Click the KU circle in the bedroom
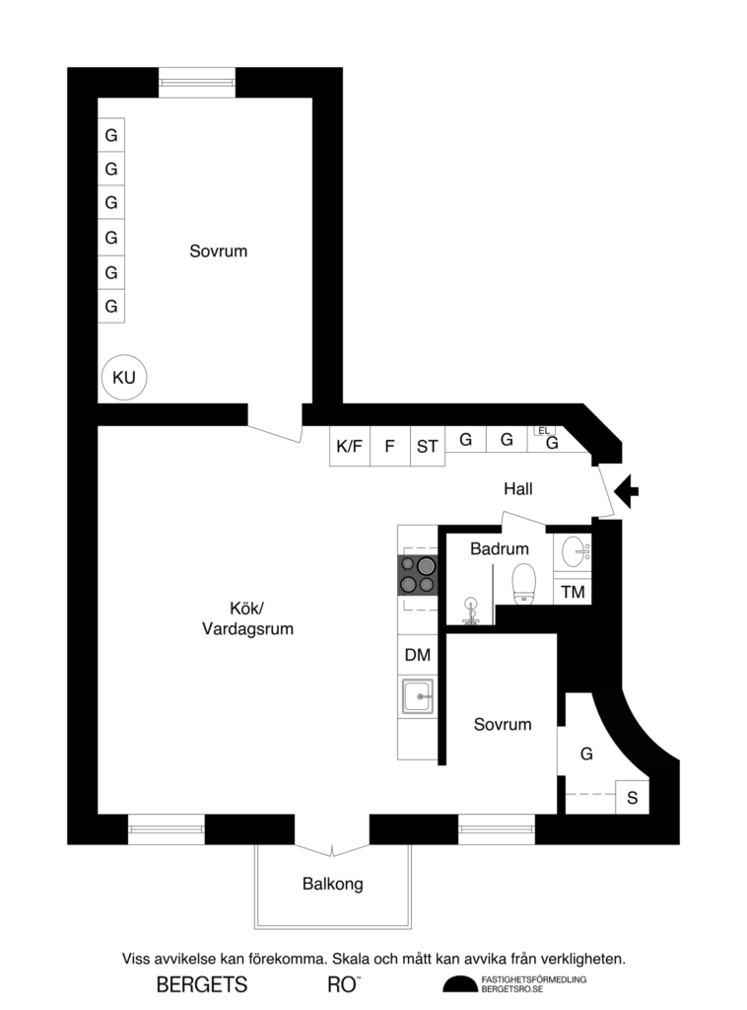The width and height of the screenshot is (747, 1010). (x=123, y=377)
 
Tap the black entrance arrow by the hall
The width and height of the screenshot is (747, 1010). (x=626, y=489)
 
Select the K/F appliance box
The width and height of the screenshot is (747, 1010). (x=349, y=446)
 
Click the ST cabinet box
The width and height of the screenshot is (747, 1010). (x=427, y=446)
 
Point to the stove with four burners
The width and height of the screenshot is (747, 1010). (x=418, y=574)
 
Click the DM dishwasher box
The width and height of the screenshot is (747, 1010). (x=417, y=654)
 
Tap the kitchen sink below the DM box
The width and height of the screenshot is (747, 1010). (x=418, y=696)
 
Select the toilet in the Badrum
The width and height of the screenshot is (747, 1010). (x=523, y=582)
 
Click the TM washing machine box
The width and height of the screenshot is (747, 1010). (x=572, y=592)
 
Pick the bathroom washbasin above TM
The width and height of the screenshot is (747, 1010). (x=573, y=552)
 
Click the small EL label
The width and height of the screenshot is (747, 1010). (x=543, y=430)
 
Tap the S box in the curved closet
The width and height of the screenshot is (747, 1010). (x=632, y=797)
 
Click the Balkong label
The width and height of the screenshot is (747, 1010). (x=332, y=884)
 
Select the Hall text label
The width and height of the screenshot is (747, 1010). (x=518, y=488)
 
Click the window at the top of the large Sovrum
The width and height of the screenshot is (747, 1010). (x=197, y=82)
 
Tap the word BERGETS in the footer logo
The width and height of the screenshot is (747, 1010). (x=202, y=984)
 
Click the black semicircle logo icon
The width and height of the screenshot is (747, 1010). (x=458, y=983)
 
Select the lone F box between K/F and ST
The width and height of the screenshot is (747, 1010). (x=389, y=446)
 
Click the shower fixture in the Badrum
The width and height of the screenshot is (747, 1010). (x=469, y=609)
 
